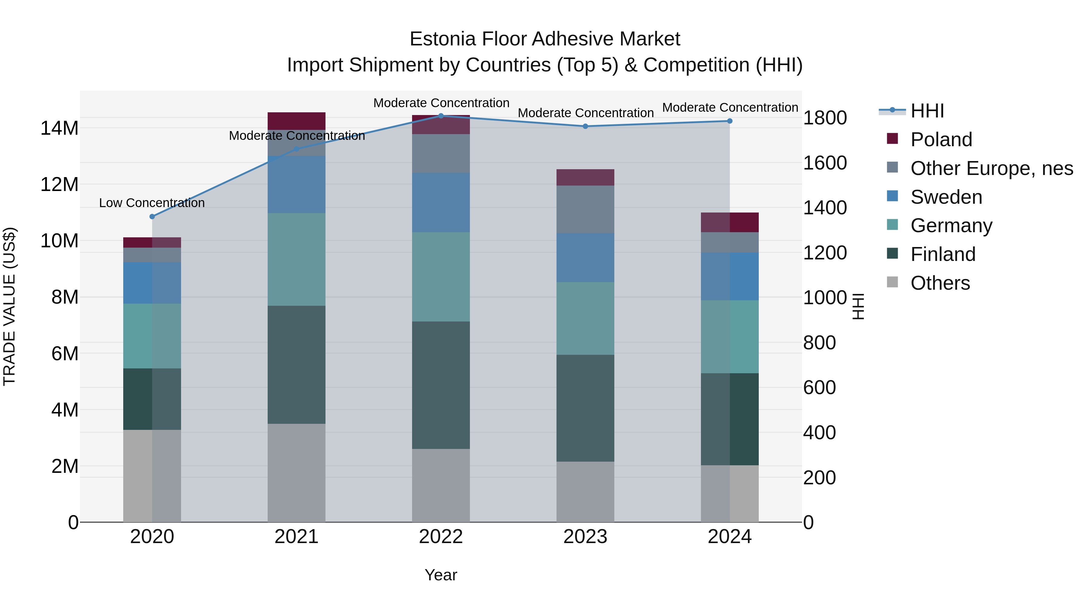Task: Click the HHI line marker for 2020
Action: (152, 217)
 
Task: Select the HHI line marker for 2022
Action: (441, 116)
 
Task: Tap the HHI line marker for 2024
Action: (729, 121)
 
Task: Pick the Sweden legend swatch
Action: (892, 196)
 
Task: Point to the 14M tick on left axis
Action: (59, 128)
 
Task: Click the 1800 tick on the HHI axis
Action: (825, 118)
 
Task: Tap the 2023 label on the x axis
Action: (585, 537)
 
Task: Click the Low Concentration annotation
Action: (152, 203)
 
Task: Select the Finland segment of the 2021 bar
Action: (297, 365)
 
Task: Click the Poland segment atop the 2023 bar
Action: (585, 178)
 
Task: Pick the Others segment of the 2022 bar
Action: (441, 485)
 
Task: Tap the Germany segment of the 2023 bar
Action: (585, 318)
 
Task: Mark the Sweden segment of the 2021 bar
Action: (297, 184)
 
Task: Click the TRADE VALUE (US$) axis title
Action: (9, 306)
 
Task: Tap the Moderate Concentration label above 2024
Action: (730, 108)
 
